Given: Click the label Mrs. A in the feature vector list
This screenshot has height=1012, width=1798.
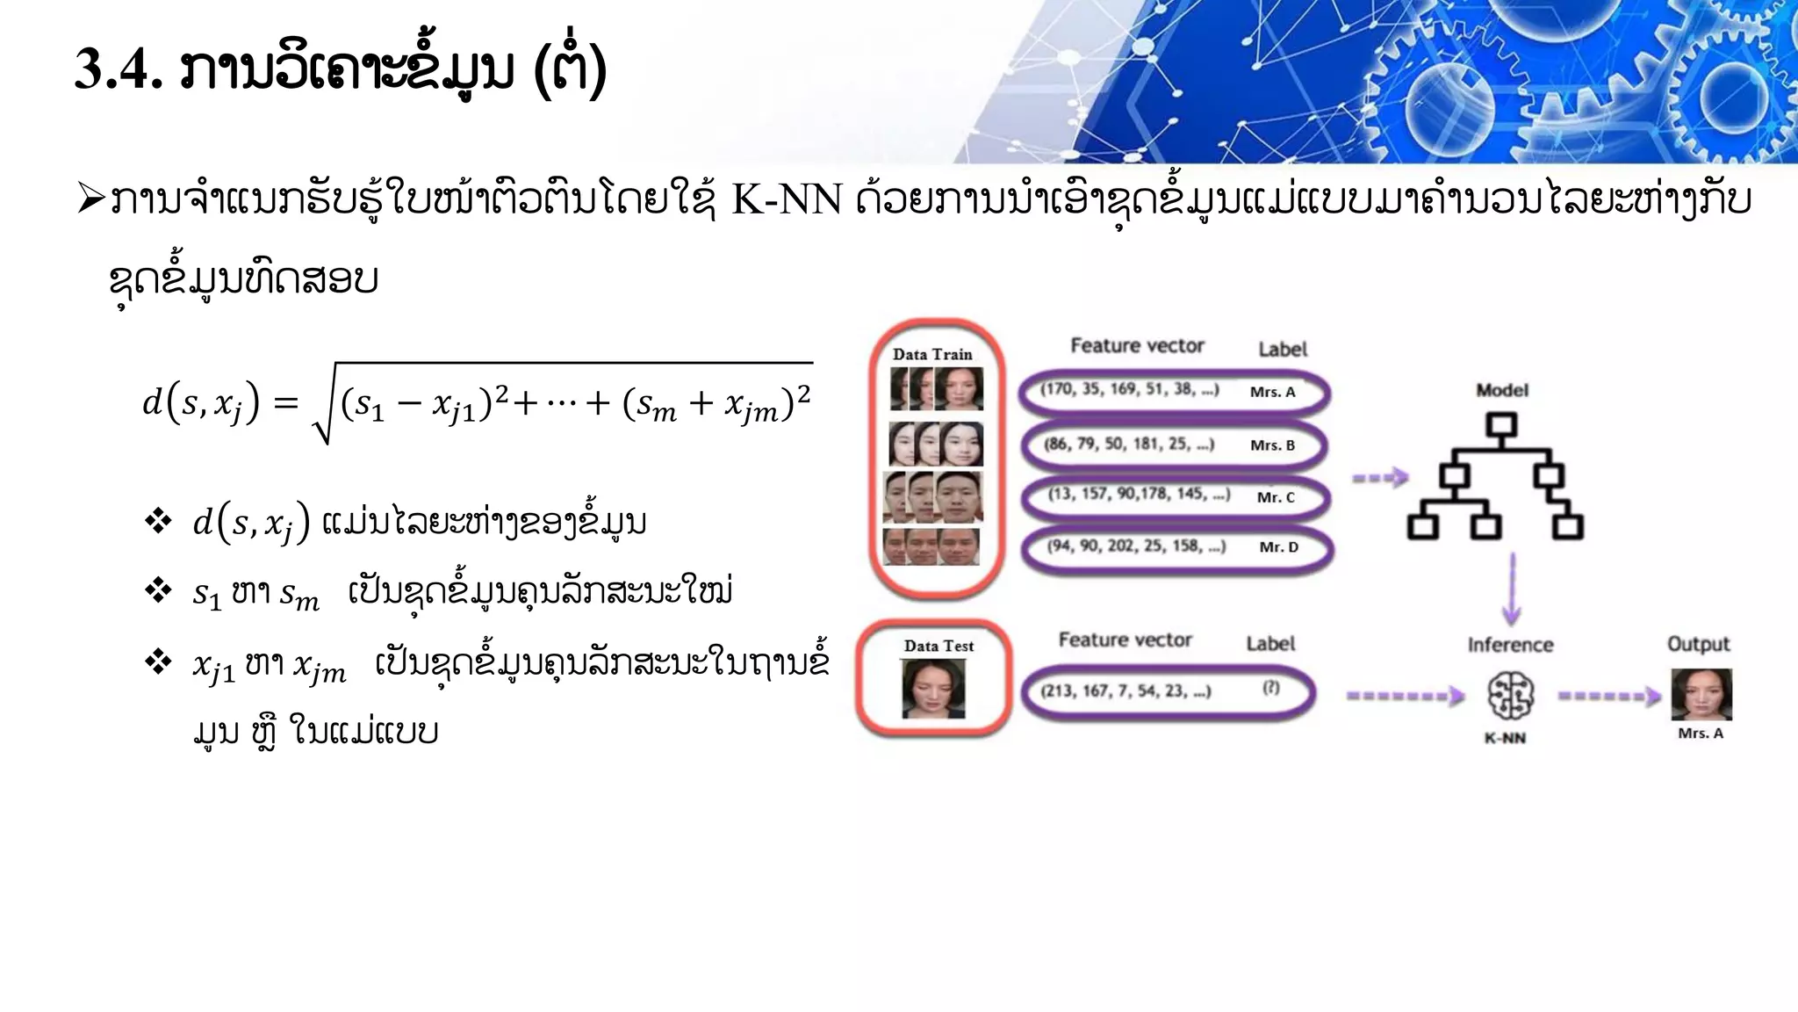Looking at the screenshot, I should pyautogui.click(x=1272, y=392).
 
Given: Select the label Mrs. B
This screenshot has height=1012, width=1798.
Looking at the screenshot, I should pyautogui.click(x=1272, y=445).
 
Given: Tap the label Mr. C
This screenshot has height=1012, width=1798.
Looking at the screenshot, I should pyautogui.click(x=1276, y=497).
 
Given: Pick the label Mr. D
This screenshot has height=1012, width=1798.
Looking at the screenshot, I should pyautogui.click(x=1278, y=547).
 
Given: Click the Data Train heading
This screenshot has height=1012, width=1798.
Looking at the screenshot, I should pyautogui.click(x=932, y=355).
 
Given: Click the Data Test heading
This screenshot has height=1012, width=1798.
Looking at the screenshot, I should pyautogui.click(x=939, y=647).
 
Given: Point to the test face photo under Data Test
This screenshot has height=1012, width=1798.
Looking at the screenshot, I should pyautogui.click(x=933, y=689).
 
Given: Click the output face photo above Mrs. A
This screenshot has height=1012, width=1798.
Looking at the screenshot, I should pyautogui.click(x=1701, y=694).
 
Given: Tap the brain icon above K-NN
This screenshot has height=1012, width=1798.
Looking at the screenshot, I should pyautogui.click(x=1510, y=696).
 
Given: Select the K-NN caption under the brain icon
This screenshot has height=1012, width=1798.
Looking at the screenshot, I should pyautogui.click(x=1505, y=738).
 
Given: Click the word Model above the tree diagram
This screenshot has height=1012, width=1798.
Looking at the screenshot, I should pyautogui.click(x=1501, y=390).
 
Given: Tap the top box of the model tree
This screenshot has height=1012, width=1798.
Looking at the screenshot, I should pyautogui.click(x=1501, y=426).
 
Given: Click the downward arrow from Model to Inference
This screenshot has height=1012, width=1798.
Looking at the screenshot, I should pyautogui.click(x=1512, y=589).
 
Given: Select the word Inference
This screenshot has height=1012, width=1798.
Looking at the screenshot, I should pyautogui.click(x=1510, y=645).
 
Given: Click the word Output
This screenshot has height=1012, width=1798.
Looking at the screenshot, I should pyautogui.click(x=1698, y=644).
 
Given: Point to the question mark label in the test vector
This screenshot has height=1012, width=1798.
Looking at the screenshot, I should pyautogui.click(x=1270, y=688).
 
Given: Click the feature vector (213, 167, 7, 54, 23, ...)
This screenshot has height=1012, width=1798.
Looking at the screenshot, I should pyautogui.click(x=1126, y=691).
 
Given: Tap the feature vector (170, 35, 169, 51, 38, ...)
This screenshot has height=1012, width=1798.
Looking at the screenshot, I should pyautogui.click(x=1129, y=389).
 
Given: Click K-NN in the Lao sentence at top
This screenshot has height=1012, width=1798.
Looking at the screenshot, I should pyautogui.click(x=787, y=201).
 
